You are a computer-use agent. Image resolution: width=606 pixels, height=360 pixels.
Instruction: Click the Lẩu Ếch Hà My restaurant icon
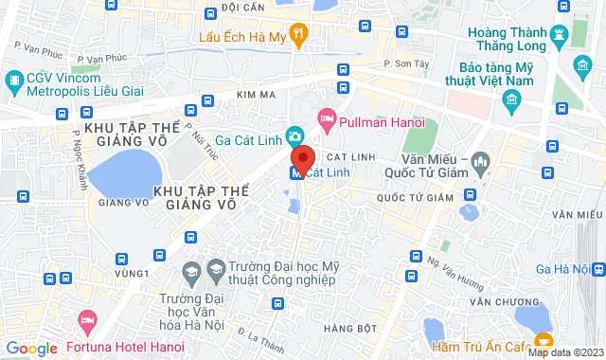click(299, 37)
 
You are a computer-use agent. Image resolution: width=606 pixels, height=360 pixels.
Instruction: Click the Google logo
click(31, 348)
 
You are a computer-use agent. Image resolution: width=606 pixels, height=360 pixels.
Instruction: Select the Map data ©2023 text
click(564, 352)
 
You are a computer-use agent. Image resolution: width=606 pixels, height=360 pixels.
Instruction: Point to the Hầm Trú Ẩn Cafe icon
click(544, 339)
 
